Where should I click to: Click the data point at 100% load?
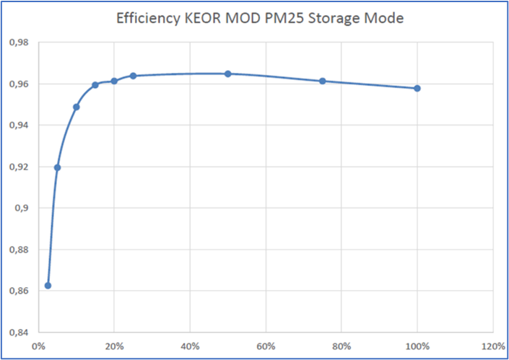pos(417,88)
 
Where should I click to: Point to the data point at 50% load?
pos(228,74)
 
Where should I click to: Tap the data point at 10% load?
pos(77,107)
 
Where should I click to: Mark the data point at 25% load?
pos(134,76)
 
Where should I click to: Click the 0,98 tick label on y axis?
pos(19,43)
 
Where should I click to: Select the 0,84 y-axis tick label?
pos(19,333)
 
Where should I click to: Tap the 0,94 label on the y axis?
pos(19,126)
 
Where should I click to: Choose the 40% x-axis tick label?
pos(190,345)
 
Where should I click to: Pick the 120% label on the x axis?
pos(493,345)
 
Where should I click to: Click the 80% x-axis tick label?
pos(341,345)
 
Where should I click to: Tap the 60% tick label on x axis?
pos(266,345)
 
